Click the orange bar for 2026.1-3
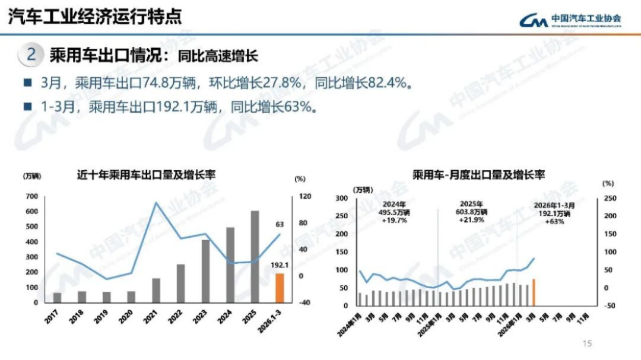[280, 287]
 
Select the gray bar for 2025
[255, 256]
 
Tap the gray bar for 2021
[157, 289]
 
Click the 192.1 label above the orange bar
[279, 266]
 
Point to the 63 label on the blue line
[279, 224]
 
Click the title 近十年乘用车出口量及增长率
[146, 175]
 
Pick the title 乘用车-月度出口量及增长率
[479, 174]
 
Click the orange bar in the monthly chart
[534, 292]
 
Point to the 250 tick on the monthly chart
[609, 199]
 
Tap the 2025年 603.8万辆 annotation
[472, 211]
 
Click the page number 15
[588, 343]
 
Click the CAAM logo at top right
[570, 21]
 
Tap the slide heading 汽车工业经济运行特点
[94, 17]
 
